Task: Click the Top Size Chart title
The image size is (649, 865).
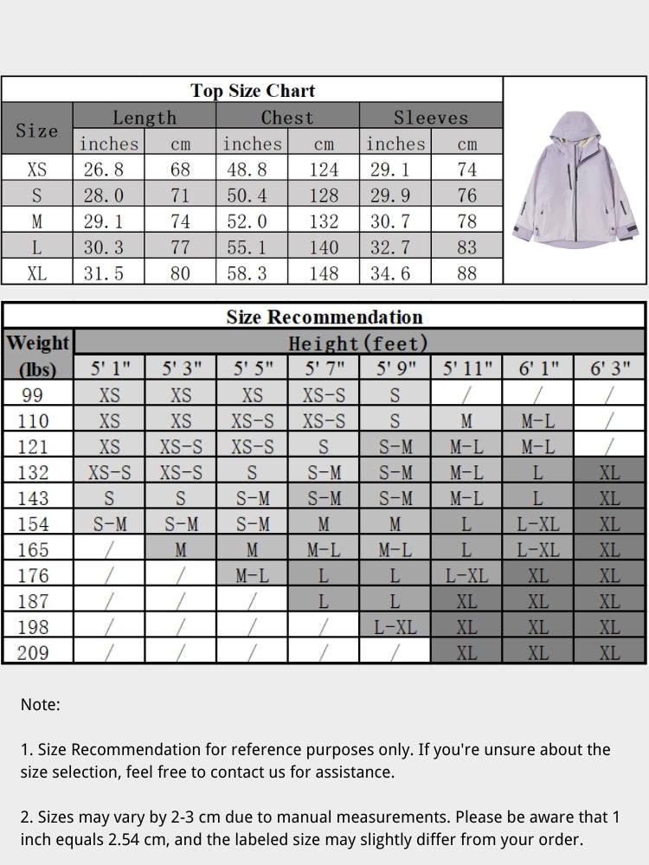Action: point(253,91)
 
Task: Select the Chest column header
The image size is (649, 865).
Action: point(287,118)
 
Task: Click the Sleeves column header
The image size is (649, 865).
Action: point(430,118)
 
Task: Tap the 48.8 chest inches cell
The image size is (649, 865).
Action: point(252,170)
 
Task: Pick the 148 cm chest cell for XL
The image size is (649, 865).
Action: point(324,273)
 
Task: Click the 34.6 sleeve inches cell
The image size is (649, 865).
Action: point(395,273)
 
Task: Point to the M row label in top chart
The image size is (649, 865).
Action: point(37,221)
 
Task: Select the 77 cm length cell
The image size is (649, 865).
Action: point(180,247)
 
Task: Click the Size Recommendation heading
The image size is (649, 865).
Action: point(324,317)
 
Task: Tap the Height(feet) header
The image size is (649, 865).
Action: point(358,343)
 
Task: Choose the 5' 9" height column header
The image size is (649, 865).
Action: point(395,368)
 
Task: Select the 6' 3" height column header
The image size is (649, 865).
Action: point(609,368)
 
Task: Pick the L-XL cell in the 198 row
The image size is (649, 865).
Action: point(395,627)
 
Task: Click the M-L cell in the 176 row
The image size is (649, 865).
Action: point(252,575)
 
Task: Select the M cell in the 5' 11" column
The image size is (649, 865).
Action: point(466,421)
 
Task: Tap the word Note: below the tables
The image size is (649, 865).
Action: point(40,705)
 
